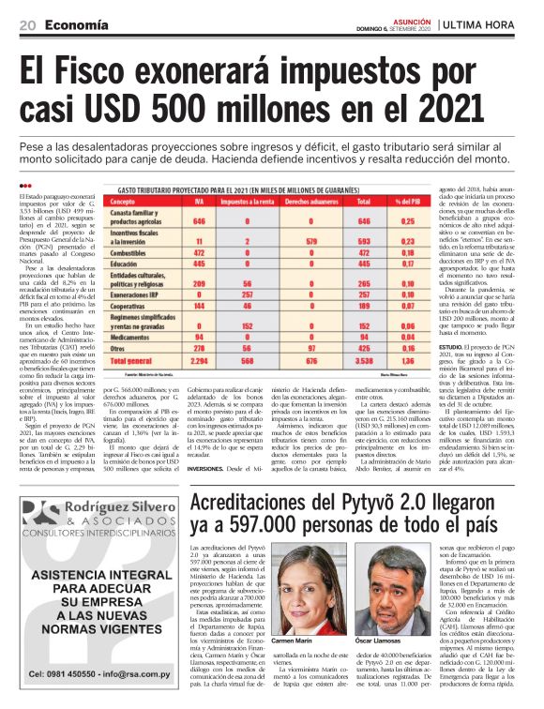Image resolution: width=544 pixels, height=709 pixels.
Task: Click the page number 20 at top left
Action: pos(27,23)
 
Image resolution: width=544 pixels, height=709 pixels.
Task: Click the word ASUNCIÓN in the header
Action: pos(405,18)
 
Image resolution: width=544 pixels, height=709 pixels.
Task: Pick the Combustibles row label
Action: pos(137,253)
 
